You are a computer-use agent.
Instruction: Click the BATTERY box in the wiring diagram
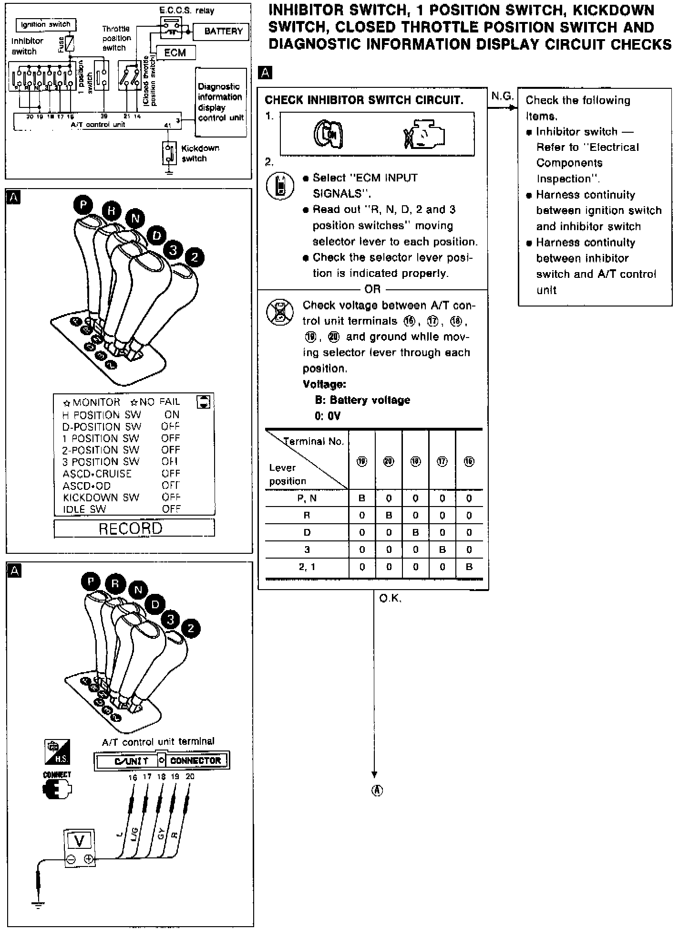223,32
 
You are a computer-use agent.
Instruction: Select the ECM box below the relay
175,53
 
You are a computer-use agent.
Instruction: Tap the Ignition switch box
46,24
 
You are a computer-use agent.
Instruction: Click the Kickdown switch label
200,153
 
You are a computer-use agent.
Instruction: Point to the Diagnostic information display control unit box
221,102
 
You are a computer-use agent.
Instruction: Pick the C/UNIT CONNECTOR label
162,760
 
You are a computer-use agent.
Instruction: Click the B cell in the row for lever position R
389,516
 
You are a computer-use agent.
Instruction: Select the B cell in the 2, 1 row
469,567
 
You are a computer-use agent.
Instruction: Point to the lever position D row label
307,533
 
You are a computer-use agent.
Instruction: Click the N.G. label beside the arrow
502,96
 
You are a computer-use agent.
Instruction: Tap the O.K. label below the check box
390,598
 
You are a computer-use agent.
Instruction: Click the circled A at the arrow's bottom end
377,790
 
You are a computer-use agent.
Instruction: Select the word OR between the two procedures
372,289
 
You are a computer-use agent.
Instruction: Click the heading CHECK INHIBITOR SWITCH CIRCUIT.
364,100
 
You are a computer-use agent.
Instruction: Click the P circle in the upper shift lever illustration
83,205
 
